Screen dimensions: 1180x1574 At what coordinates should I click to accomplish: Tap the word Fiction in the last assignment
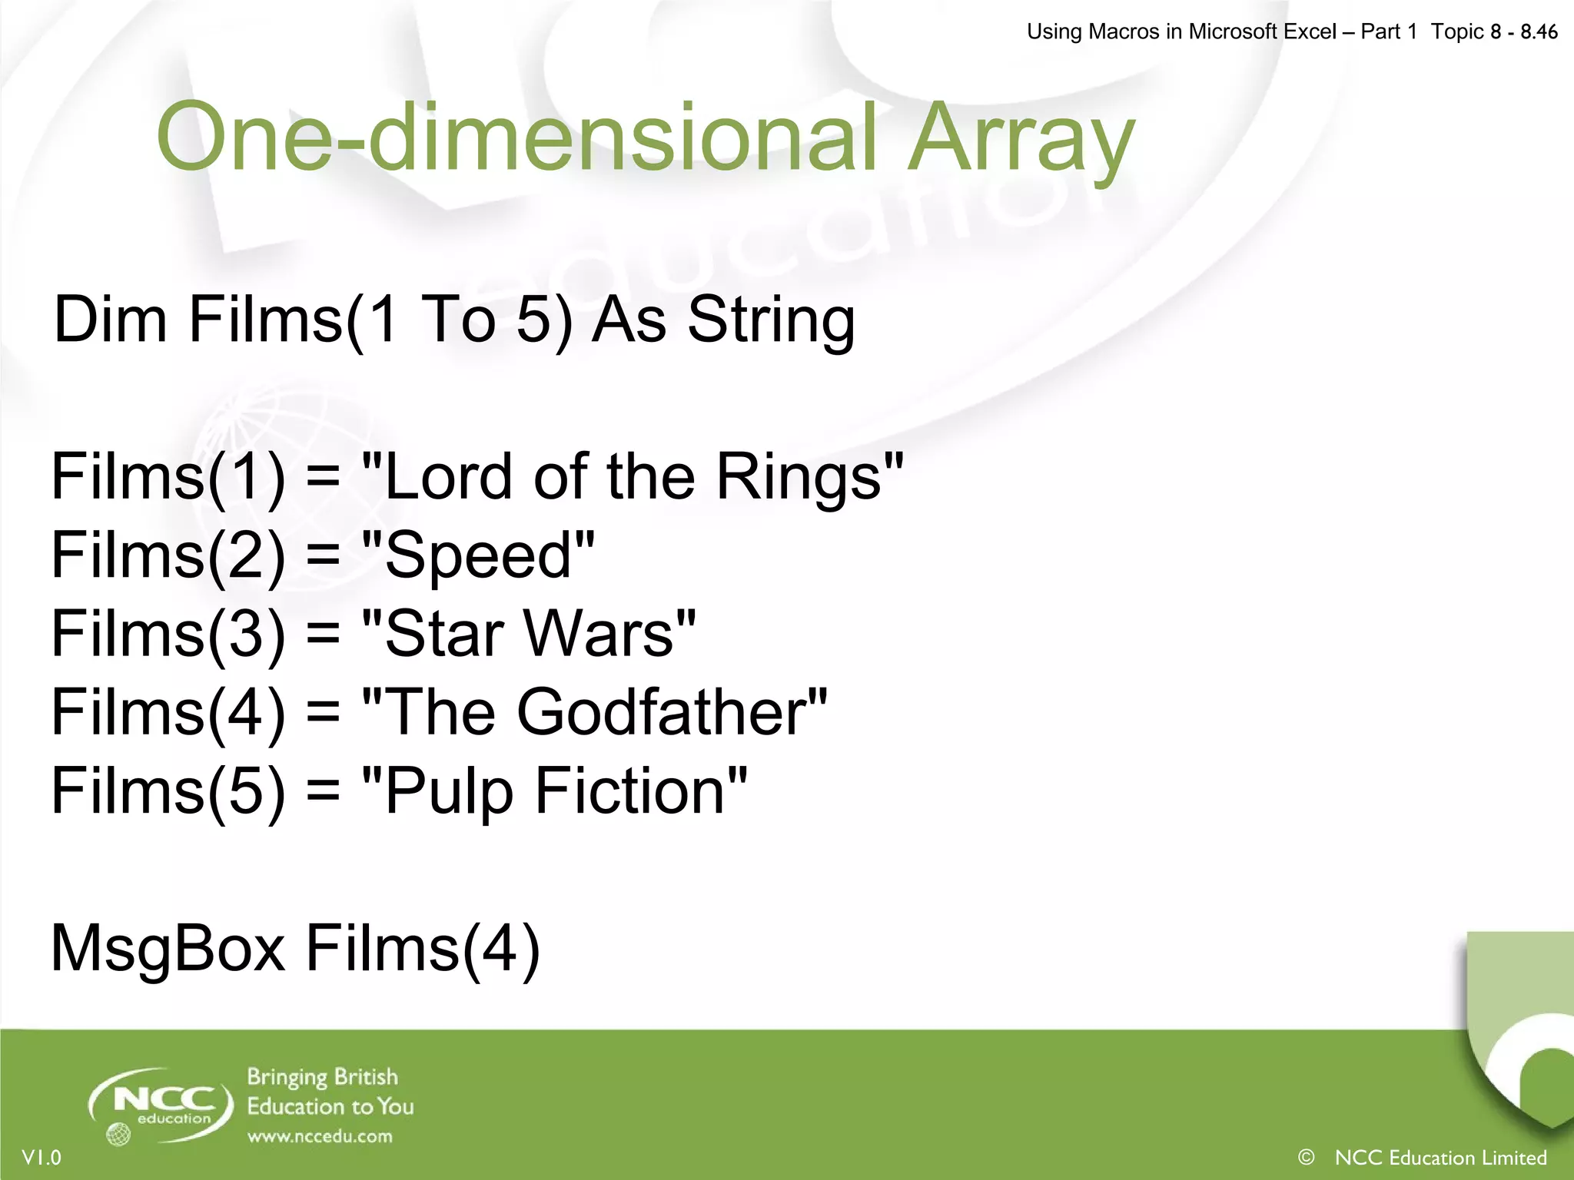(630, 791)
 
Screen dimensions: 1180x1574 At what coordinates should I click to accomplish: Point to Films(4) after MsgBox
(423, 950)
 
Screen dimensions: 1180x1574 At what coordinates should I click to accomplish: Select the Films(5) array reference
(168, 791)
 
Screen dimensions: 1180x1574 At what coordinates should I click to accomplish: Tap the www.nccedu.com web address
(320, 1136)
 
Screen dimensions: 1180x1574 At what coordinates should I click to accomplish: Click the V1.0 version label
(42, 1158)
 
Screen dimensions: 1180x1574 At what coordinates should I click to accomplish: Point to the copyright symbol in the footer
(1306, 1157)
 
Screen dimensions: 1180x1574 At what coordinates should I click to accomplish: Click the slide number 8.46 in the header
(1539, 32)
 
